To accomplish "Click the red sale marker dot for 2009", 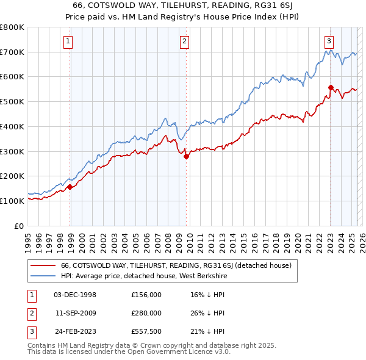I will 186,156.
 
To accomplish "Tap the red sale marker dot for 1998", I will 70,187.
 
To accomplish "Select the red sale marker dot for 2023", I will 331,87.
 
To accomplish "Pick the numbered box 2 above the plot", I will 184,41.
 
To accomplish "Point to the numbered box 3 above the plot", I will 329,41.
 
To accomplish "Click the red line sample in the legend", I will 43,265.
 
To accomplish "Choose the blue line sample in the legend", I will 43,276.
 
